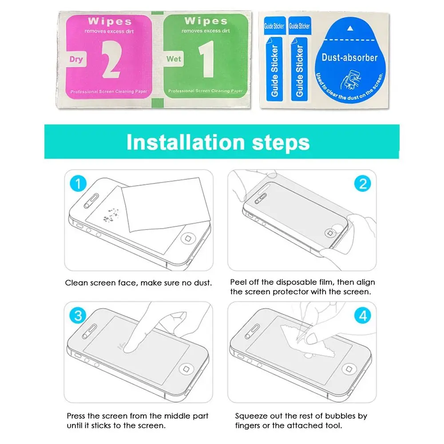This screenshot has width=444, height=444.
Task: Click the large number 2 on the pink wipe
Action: pyautogui.click(x=111, y=59)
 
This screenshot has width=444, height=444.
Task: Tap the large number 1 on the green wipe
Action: pyautogui.click(x=207, y=59)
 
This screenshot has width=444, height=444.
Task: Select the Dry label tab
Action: pyautogui.click(x=76, y=59)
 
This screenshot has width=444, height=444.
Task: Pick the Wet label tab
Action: pyautogui.click(x=173, y=59)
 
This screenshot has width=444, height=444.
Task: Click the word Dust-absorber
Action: pyautogui.click(x=350, y=58)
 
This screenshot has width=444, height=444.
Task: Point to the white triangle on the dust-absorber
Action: pyautogui.click(x=350, y=28)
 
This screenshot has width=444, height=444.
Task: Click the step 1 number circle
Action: pyautogui.click(x=78, y=183)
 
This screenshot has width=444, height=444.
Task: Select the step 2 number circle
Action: pyautogui.click(x=362, y=183)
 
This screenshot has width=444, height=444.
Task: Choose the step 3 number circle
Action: pyautogui.click(x=78, y=315)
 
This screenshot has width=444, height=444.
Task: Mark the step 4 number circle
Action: pyautogui.click(x=363, y=315)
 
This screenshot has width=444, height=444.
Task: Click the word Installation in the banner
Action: pyautogui.click(x=186, y=142)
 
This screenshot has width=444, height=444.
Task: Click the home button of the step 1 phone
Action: pyautogui.click(x=188, y=238)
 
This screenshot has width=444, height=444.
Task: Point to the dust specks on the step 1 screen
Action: pyautogui.click(x=111, y=215)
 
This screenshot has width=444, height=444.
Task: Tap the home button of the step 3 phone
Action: pyautogui.click(x=186, y=369)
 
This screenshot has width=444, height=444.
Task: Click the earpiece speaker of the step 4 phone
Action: pyautogui.click(x=252, y=331)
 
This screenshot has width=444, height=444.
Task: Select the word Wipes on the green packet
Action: pyautogui.click(x=206, y=21)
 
